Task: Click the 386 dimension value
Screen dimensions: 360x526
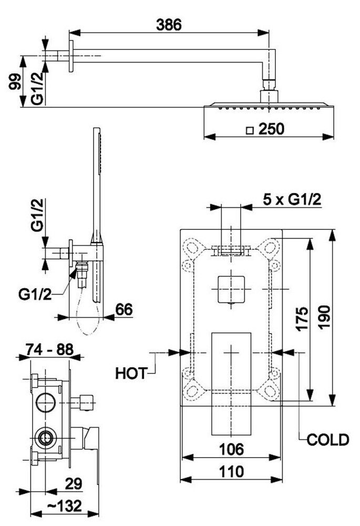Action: coord(169,25)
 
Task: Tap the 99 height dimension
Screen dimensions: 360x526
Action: coord(15,82)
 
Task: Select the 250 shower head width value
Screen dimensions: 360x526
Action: coord(272,129)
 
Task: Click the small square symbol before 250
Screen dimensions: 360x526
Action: coord(249,130)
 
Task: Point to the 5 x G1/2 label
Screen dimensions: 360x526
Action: coord(292,200)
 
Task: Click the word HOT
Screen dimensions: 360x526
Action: coord(131,373)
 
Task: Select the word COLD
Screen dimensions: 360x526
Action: coord(328,440)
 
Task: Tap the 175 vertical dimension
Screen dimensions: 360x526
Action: coord(303,319)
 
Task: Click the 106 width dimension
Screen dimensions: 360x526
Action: coord(231,449)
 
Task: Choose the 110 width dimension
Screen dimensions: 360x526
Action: coord(231,472)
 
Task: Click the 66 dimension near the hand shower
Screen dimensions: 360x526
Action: coord(124,309)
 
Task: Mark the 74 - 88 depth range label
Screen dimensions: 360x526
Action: coord(49,350)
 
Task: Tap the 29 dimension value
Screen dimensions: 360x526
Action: coord(74,484)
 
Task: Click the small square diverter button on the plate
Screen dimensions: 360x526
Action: coord(231,289)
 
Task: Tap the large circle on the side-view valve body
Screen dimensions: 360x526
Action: coord(46,402)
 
